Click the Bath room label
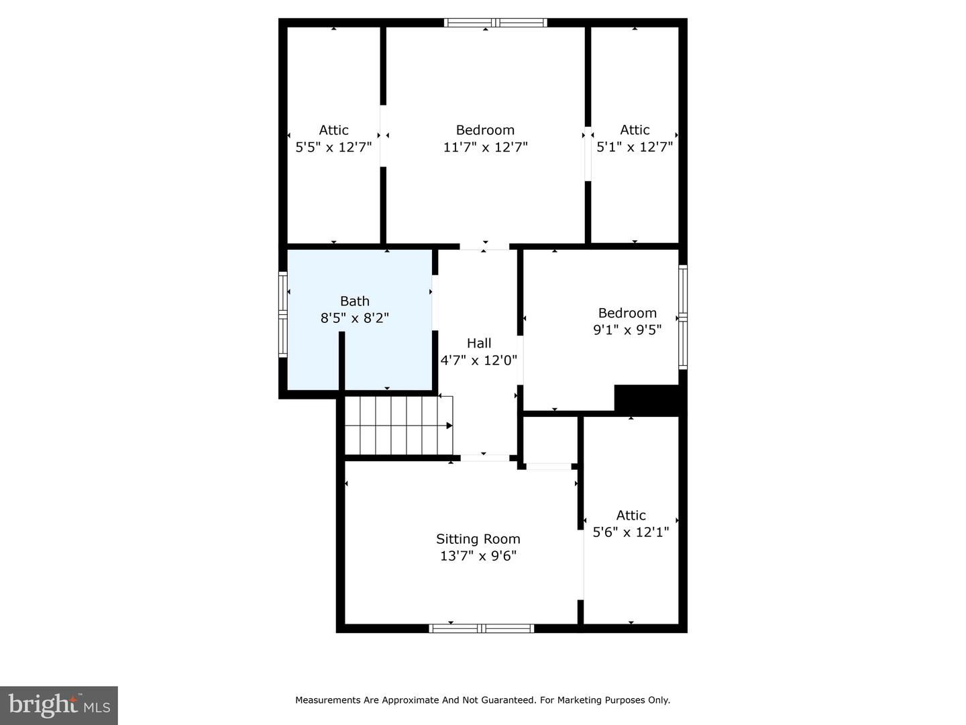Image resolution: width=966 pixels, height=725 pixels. (x=354, y=301)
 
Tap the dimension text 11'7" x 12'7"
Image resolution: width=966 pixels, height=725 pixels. (x=485, y=147)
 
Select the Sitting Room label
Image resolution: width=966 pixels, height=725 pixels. (x=478, y=539)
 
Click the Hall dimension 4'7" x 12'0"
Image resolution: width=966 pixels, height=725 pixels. (x=478, y=360)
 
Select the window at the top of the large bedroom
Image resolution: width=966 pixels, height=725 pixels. (x=495, y=23)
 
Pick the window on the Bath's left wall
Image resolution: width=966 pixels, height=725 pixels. (x=283, y=314)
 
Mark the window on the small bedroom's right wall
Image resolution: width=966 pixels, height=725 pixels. (x=683, y=317)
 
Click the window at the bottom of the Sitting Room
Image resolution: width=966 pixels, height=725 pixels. (x=481, y=628)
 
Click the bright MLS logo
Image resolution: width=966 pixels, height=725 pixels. (x=58, y=705)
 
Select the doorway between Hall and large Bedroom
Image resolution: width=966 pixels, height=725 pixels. (x=484, y=246)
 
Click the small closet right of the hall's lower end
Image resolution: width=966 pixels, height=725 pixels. (x=549, y=439)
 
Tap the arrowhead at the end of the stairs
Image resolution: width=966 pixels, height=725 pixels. (x=449, y=425)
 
